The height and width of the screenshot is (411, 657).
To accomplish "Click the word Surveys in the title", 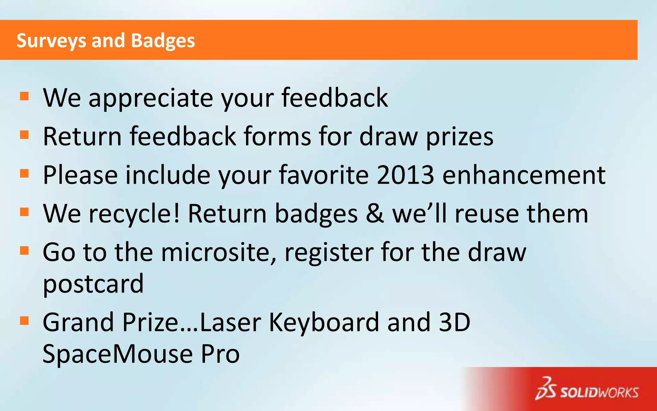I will tap(51, 41).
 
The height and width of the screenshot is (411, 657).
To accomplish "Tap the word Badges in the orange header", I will tap(163, 41).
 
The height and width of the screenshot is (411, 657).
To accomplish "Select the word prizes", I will tap(459, 137).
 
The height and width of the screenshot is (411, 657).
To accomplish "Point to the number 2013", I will tap(405, 175).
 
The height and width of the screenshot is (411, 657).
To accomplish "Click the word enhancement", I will tap(524, 175).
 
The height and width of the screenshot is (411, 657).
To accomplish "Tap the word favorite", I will tap(324, 175).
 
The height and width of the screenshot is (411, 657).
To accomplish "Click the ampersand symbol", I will tap(374, 214).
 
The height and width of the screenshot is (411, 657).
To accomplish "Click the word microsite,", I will tap(218, 252).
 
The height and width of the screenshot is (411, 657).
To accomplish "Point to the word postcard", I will tap(93, 284).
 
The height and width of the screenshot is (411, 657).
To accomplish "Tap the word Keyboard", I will tap(324, 322).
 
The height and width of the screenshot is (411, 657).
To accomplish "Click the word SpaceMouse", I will tap(117, 354).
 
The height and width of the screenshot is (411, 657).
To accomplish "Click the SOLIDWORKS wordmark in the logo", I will tap(599, 393).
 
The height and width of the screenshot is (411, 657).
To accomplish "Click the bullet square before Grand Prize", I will tap(24, 321).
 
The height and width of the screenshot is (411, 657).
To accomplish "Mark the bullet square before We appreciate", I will tap(24, 96).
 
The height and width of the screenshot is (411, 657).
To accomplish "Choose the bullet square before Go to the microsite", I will tap(24, 250).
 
